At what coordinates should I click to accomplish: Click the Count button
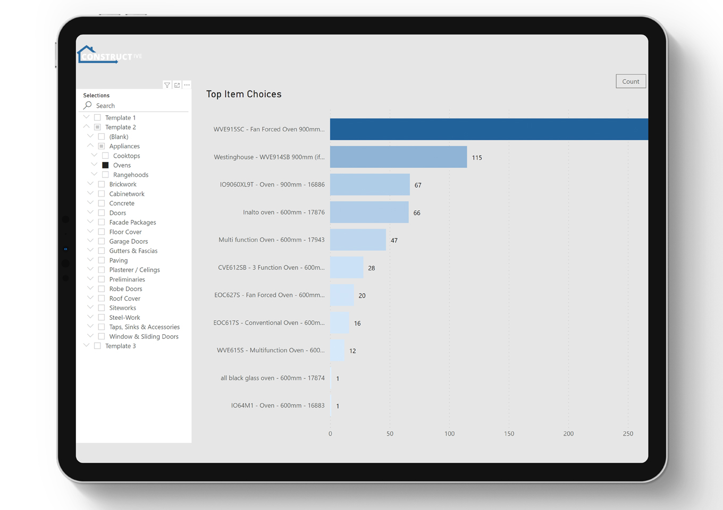click(x=630, y=81)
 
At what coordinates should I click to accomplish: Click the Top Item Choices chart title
click(x=243, y=94)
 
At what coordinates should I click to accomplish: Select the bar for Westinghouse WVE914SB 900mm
click(x=398, y=157)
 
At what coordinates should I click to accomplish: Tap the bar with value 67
click(x=369, y=185)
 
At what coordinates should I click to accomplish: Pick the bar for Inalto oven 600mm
click(x=369, y=212)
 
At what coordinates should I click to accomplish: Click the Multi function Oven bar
click(x=357, y=240)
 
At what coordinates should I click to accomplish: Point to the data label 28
click(x=372, y=268)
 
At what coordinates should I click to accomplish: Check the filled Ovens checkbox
click(x=105, y=165)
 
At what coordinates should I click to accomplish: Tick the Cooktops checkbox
click(x=105, y=156)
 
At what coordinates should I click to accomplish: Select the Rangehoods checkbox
click(x=105, y=175)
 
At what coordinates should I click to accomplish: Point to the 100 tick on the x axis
click(x=449, y=434)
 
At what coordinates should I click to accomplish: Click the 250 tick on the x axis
click(x=628, y=434)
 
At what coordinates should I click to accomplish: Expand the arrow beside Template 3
click(x=86, y=345)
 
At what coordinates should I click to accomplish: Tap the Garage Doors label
click(x=128, y=241)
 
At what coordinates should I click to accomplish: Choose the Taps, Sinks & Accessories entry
click(x=144, y=327)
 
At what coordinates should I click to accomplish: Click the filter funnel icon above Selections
click(x=167, y=85)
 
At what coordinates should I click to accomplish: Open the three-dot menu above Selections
click(x=187, y=85)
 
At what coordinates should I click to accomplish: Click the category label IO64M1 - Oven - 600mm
click(x=278, y=405)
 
